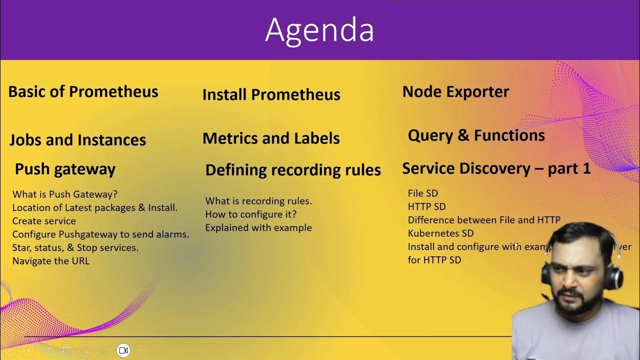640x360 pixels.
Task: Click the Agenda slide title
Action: click(319, 30)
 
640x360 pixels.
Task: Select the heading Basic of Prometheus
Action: click(83, 91)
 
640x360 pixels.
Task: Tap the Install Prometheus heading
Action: click(271, 94)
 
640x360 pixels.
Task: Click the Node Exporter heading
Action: click(455, 91)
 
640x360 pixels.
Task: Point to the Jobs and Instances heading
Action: click(77, 139)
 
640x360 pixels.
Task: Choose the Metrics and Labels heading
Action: click(271, 138)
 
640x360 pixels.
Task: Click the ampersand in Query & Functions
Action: click(463, 135)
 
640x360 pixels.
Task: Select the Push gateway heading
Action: click(65, 169)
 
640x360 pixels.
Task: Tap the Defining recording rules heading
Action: click(293, 170)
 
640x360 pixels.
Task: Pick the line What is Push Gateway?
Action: click(65, 194)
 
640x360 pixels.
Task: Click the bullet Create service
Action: click(44, 221)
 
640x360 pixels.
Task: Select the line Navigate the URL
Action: click(51, 260)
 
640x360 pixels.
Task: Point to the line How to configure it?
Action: click(251, 214)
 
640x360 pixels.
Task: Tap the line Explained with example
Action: click(258, 227)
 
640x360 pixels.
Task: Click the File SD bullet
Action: click(422, 193)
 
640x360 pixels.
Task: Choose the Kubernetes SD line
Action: click(440, 233)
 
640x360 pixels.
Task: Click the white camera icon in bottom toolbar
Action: click(123, 350)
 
